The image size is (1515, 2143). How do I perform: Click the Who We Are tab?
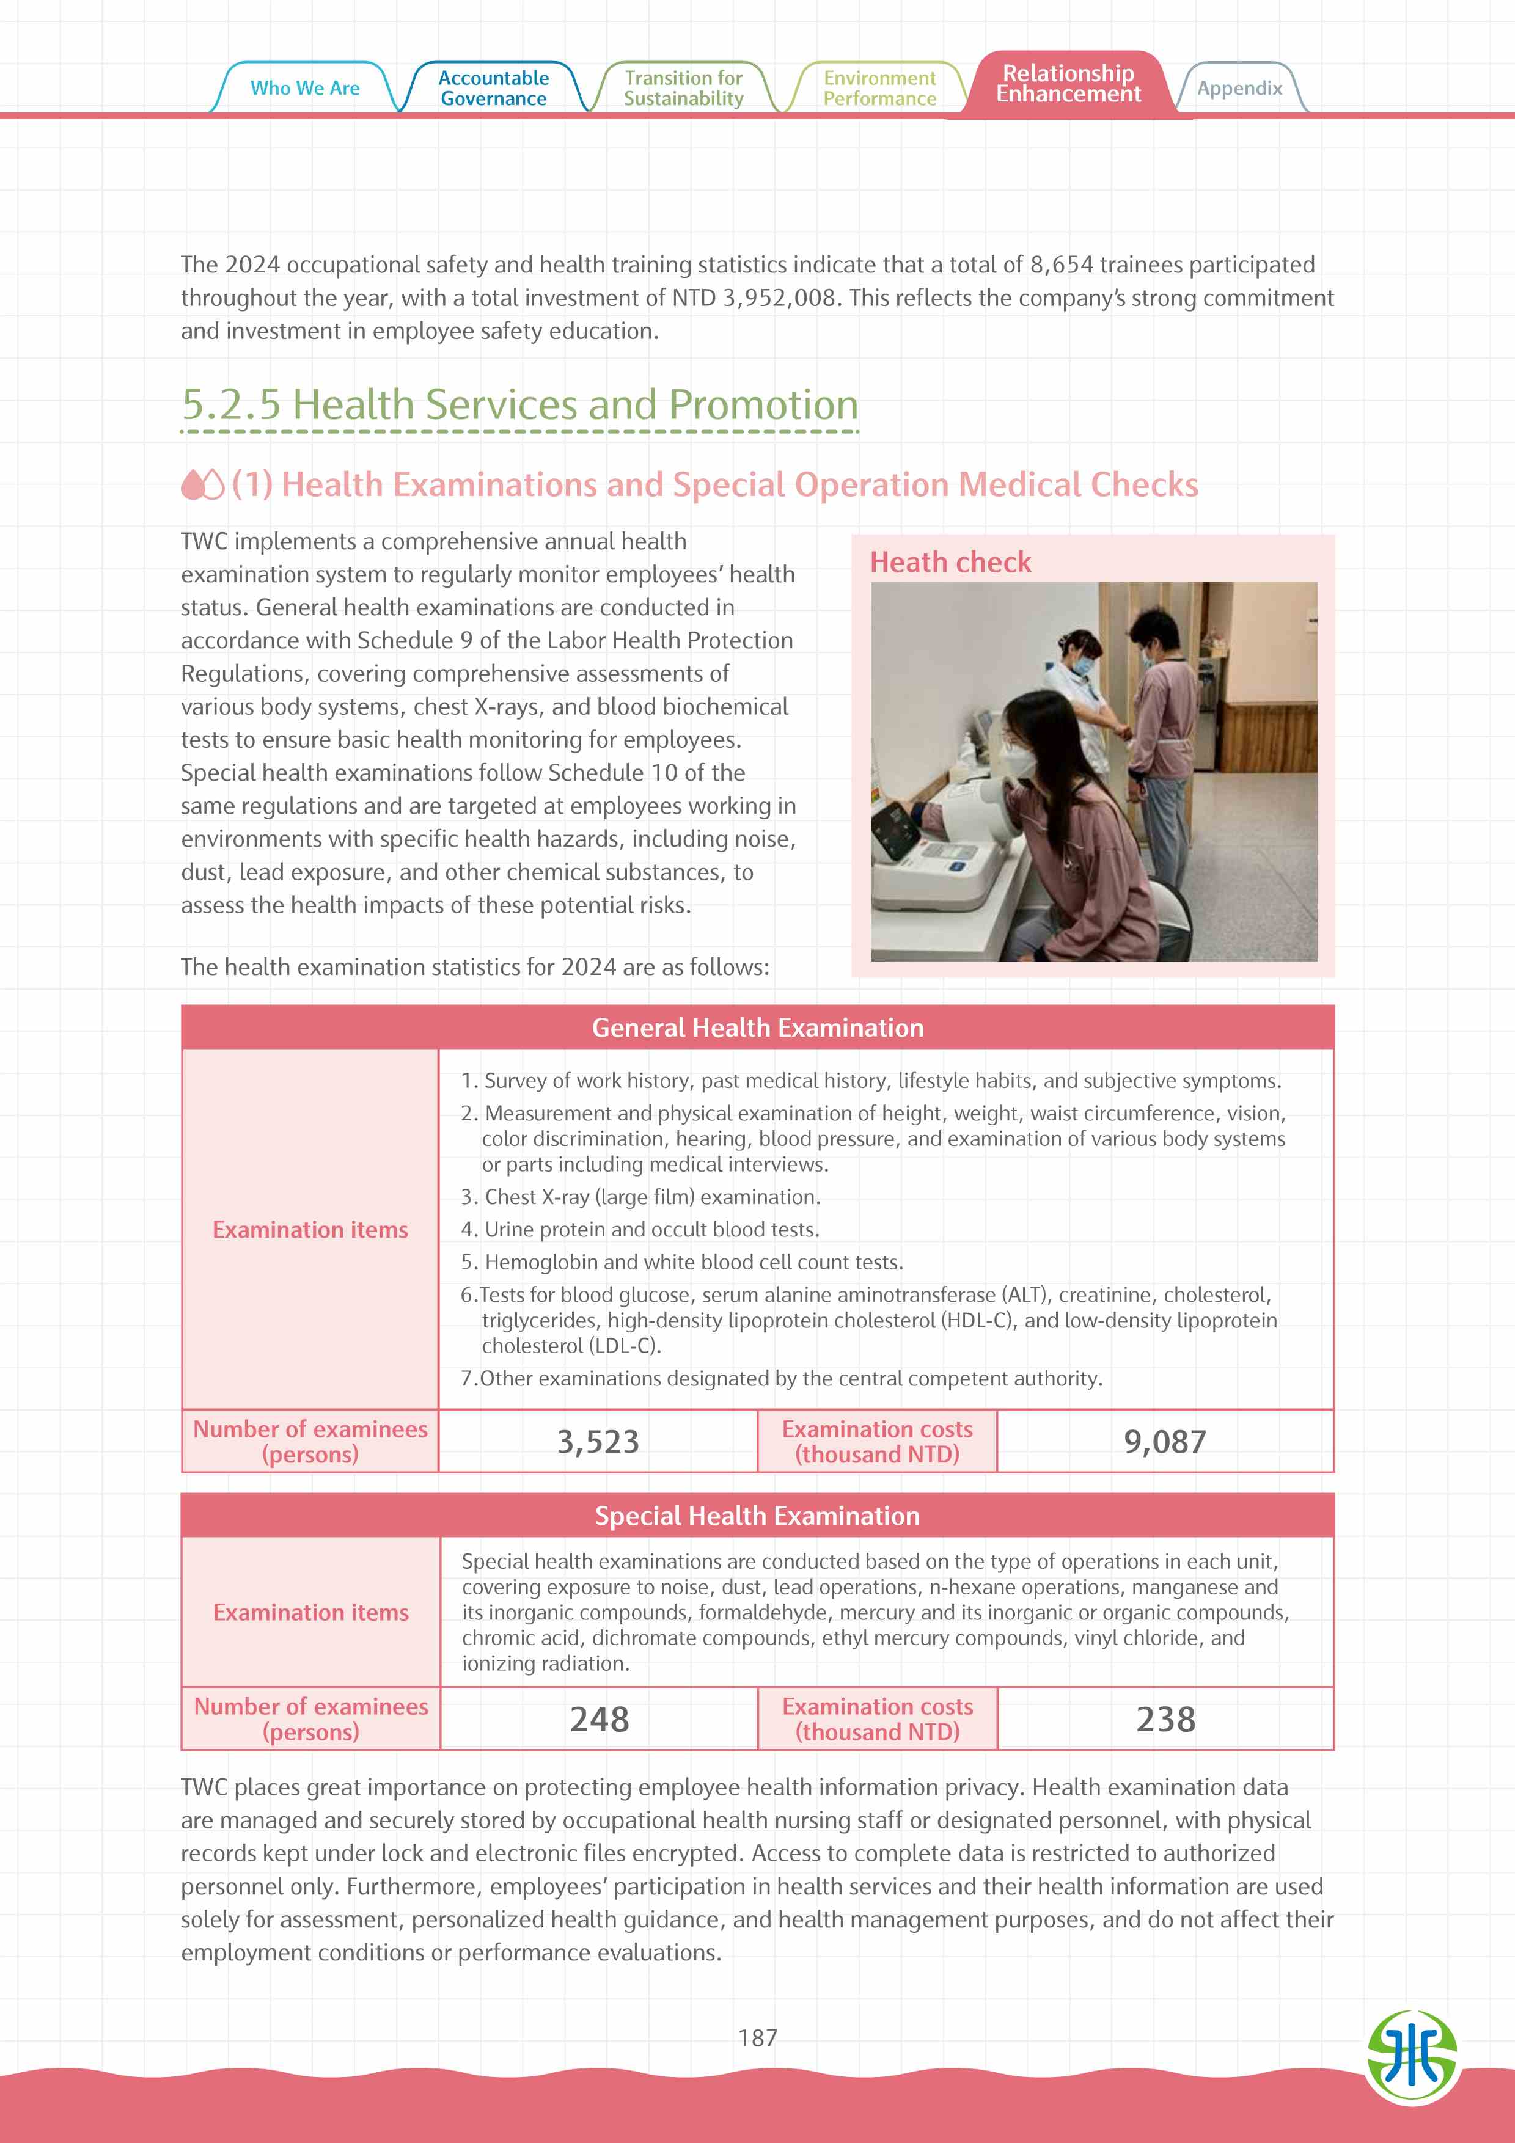(304, 88)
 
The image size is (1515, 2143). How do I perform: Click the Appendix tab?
(1239, 89)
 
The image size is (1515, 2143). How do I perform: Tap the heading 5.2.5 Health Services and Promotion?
(519, 405)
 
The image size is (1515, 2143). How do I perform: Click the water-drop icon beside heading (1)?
(202, 484)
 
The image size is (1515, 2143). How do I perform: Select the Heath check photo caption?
(950, 562)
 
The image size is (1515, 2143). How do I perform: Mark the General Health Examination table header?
(757, 1028)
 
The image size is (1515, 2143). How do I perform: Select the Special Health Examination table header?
(757, 1516)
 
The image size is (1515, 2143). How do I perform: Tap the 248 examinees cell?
(600, 1719)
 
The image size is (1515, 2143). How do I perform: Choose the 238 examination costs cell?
(1165, 1719)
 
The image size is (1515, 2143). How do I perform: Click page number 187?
(757, 2037)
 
